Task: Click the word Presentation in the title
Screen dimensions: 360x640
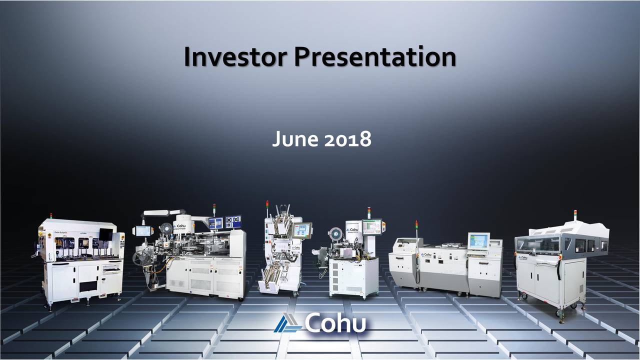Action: [x=374, y=57]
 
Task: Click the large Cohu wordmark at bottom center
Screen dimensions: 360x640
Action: [x=335, y=324]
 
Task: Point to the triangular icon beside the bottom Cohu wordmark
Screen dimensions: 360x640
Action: [x=288, y=324]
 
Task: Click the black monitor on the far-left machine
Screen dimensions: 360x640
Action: [x=105, y=234]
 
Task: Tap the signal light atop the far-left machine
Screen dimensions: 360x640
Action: [x=50, y=215]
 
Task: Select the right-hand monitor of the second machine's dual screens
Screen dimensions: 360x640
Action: [x=233, y=221]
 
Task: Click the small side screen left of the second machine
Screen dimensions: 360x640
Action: [x=143, y=230]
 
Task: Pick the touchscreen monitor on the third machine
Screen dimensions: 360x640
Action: [x=302, y=230]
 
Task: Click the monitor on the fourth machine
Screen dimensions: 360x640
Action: [x=371, y=226]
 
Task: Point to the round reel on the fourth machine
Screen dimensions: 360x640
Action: [x=337, y=233]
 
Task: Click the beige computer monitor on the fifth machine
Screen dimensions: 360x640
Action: [x=478, y=241]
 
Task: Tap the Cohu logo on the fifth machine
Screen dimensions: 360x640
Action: [x=426, y=254]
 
